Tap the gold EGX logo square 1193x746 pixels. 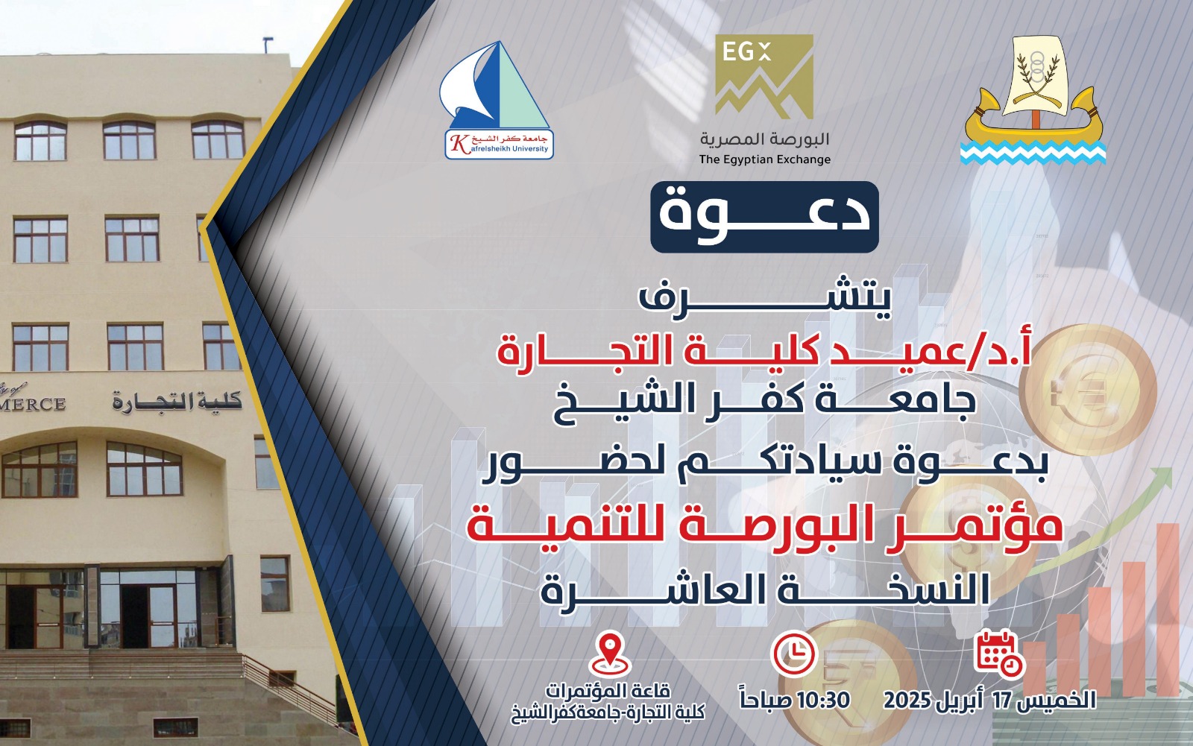(764, 76)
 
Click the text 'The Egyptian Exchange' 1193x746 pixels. (764, 159)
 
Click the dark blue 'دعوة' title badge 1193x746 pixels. (764, 216)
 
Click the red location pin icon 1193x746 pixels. (610, 653)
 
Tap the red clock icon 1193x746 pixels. (793, 654)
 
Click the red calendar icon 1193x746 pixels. (999, 654)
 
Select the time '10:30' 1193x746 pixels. (823, 701)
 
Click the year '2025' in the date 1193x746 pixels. (907, 701)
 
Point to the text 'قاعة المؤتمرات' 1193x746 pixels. (608, 691)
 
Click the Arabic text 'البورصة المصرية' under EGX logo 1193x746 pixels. (764, 139)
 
